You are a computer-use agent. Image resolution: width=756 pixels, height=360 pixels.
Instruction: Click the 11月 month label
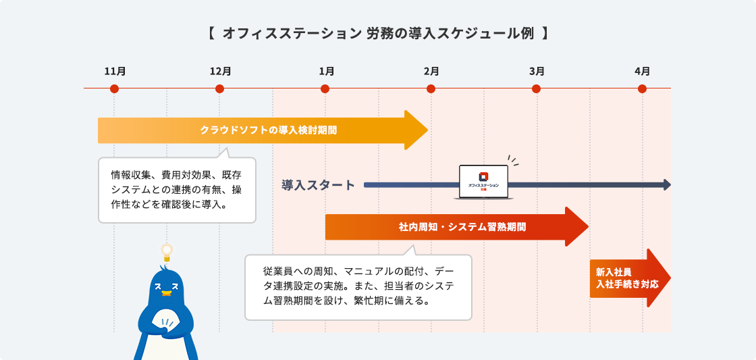coord(115,72)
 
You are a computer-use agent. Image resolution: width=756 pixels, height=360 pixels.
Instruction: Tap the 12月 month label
coord(220,72)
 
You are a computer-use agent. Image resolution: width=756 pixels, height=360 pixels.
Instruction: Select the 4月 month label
coord(642,72)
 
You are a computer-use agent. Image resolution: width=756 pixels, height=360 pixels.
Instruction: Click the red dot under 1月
coord(325,88)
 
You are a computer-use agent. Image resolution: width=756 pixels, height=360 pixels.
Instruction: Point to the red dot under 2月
coord(431,88)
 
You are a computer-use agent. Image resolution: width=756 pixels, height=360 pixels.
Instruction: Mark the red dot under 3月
coord(536,88)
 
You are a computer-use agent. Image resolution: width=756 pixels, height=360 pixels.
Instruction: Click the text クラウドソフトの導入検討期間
coord(269,130)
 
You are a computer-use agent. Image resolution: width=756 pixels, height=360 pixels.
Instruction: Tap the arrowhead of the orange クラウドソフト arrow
coord(416,130)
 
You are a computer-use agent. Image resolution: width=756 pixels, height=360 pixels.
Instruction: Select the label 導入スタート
coord(318,185)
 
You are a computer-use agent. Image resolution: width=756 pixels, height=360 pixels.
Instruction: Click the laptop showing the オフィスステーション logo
coord(483,182)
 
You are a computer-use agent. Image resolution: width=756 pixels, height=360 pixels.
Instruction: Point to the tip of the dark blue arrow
coord(671,185)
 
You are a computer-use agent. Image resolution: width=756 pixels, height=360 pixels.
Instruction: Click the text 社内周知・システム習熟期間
coord(462,227)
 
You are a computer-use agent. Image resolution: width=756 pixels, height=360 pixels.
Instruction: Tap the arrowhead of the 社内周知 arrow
coord(576,227)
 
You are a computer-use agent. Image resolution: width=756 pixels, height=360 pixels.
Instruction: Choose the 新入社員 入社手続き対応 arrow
coord(630,278)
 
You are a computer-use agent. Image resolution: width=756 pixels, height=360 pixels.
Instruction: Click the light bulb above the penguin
coord(167,252)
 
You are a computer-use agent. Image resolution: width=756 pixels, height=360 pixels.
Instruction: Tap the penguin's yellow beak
coord(167,293)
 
